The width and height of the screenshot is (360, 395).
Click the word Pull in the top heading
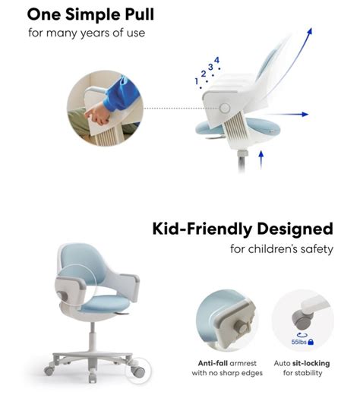coord(139,14)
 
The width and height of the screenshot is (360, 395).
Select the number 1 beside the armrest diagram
coord(197,81)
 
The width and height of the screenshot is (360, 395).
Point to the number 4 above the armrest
coord(216,60)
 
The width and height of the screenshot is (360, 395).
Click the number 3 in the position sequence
coord(210,67)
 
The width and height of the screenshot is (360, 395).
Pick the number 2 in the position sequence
coord(204,74)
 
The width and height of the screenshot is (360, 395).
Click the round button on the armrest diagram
coord(225,108)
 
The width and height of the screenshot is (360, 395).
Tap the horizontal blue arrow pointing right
coord(287,115)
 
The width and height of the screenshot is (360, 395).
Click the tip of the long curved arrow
coord(311,29)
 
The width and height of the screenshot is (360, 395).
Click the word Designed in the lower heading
coord(295,229)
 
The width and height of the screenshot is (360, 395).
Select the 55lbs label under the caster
coord(298,342)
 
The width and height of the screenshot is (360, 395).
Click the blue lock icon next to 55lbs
coord(311,342)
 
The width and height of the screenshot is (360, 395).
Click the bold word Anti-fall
coord(213,363)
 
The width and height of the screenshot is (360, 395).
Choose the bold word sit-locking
coord(311,364)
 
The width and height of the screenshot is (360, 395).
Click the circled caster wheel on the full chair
coord(138,371)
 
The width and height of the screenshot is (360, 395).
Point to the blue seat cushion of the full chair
coord(106,304)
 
